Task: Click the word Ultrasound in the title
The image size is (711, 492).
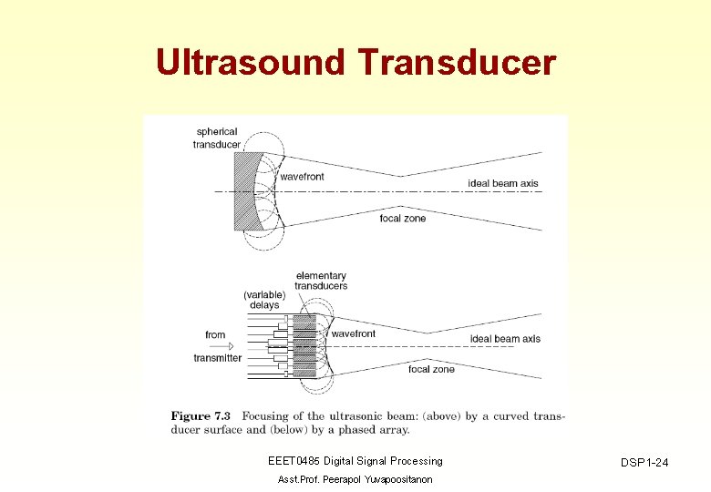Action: point(252,63)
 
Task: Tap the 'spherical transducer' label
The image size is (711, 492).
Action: point(216,138)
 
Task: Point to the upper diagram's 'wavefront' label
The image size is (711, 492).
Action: point(302,177)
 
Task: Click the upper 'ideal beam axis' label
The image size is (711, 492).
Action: point(503,183)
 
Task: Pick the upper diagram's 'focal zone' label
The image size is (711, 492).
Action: point(403,219)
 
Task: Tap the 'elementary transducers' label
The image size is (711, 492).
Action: point(321,281)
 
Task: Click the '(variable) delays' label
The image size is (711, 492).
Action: point(264,300)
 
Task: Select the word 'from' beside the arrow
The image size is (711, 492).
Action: point(215,334)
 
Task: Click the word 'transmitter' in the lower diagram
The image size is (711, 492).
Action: point(218,358)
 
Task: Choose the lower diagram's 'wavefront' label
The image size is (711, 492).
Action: point(354,334)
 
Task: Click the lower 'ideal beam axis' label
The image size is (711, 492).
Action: point(505,339)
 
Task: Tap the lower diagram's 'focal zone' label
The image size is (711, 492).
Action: point(431,369)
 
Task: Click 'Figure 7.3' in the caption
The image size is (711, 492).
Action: point(202,416)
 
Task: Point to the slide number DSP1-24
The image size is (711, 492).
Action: point(644,464)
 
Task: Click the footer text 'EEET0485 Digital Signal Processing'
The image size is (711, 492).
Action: point(355,461)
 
